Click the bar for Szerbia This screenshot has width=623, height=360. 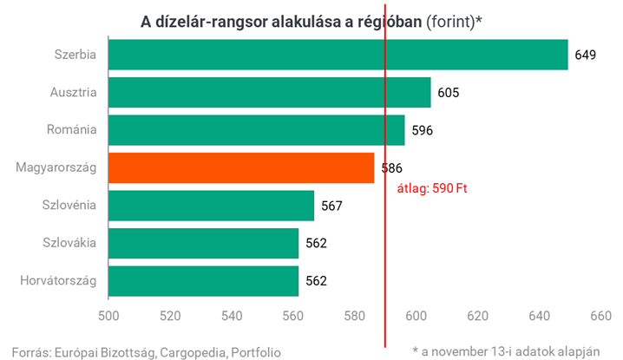coord(338,55)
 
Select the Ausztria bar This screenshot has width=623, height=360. coord(269,92)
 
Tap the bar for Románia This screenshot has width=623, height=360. coord(256,130)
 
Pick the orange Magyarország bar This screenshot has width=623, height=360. coord(241,167)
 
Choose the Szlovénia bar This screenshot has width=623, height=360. coord(211,206)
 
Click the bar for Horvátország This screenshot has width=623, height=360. coord(203,280)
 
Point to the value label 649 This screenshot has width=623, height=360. coord(585,55)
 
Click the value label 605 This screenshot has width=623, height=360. coord(448,93)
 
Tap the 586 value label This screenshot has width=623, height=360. coord(391,167)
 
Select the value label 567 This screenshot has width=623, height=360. coord(331,206)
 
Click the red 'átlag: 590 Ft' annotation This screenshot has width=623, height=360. coord(433,187)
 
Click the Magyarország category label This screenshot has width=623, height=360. coord(56,167)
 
